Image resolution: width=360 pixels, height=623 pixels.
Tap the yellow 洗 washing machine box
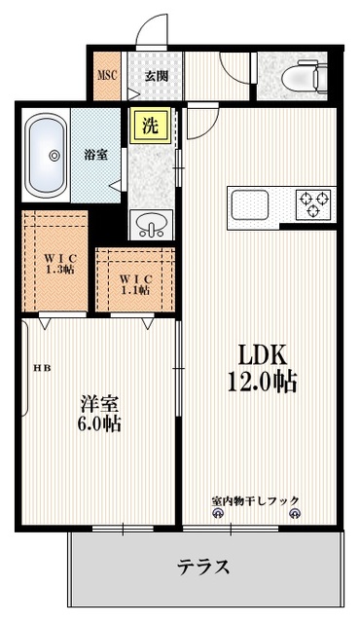(150, 127)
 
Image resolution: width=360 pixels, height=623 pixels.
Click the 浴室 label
(95, 154)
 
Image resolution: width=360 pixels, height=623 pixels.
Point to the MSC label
(106, 74)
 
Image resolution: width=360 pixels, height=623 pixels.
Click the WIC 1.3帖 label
(59, 262)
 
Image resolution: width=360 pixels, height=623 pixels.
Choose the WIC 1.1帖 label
(135, 282)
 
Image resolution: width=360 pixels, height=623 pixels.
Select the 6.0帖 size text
(100, 424)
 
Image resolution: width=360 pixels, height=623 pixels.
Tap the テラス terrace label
(203, 566)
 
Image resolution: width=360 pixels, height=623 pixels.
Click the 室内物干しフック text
(256, 499)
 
